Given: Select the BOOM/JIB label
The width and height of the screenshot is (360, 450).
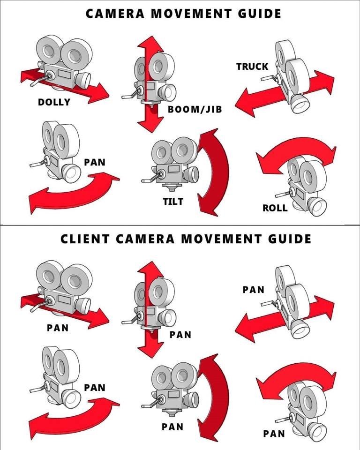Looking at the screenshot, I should click(195, 110).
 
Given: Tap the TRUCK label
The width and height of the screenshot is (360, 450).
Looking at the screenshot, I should click(252, 67).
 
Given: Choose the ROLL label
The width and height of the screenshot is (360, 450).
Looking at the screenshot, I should click(275, 208).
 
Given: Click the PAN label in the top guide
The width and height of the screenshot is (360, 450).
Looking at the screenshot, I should click(95, 163).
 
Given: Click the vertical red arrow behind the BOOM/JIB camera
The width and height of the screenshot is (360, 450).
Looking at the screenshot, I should click(150, 112).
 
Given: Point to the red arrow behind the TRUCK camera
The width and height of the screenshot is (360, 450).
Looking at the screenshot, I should click(253, 101).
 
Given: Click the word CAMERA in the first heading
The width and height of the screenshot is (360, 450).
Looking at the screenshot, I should click(114, 13).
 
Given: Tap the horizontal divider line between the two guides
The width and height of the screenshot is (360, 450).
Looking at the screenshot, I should click(180, 225).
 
